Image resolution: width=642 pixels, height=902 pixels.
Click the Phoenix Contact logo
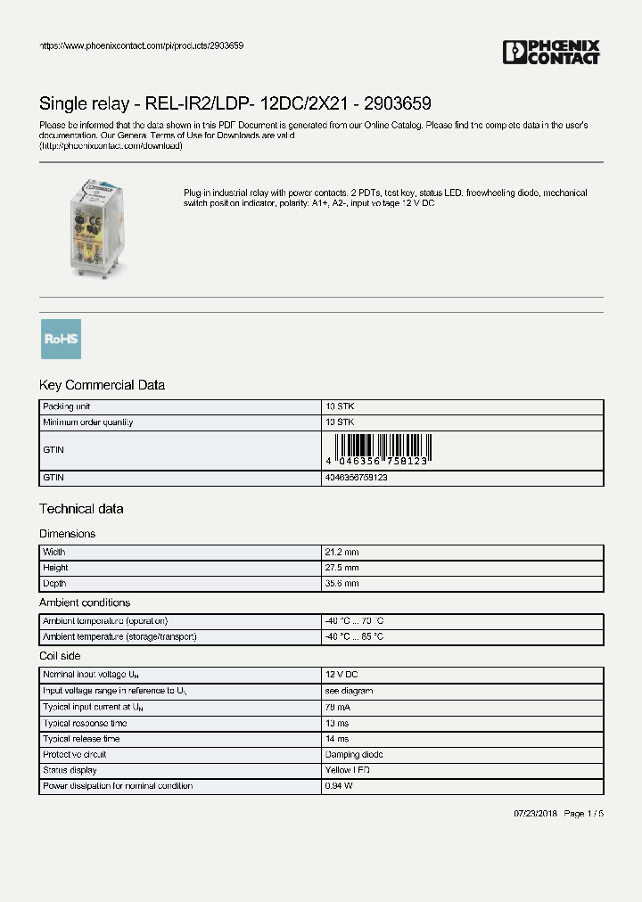click(551, 53)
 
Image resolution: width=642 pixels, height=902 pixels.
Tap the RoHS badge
click(61, 339)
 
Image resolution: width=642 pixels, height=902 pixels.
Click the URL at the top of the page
click(142, 45)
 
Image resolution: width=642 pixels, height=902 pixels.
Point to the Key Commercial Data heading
click(102, 385)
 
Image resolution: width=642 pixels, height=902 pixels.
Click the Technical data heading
click(81, 509)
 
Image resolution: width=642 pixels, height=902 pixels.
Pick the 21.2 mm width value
click(342, 553)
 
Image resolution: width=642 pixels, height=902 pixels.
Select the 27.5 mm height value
click(342, 568)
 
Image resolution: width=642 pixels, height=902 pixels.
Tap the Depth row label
click(54, 584)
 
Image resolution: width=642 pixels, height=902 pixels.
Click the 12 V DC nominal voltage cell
click(342, 675)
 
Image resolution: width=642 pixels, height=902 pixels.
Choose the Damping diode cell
click(354, 754)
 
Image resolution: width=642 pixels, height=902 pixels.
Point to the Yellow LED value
click(348, 770)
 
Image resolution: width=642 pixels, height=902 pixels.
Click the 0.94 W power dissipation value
click(339, 786)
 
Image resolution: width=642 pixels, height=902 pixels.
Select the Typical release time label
click(81, 739)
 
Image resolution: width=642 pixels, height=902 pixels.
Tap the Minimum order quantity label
click(87, 422)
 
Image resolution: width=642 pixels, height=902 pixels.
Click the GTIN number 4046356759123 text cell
click(356, 478)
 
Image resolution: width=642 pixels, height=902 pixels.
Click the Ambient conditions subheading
click(85, 603)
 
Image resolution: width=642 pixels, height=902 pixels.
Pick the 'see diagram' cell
click(349, 691)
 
